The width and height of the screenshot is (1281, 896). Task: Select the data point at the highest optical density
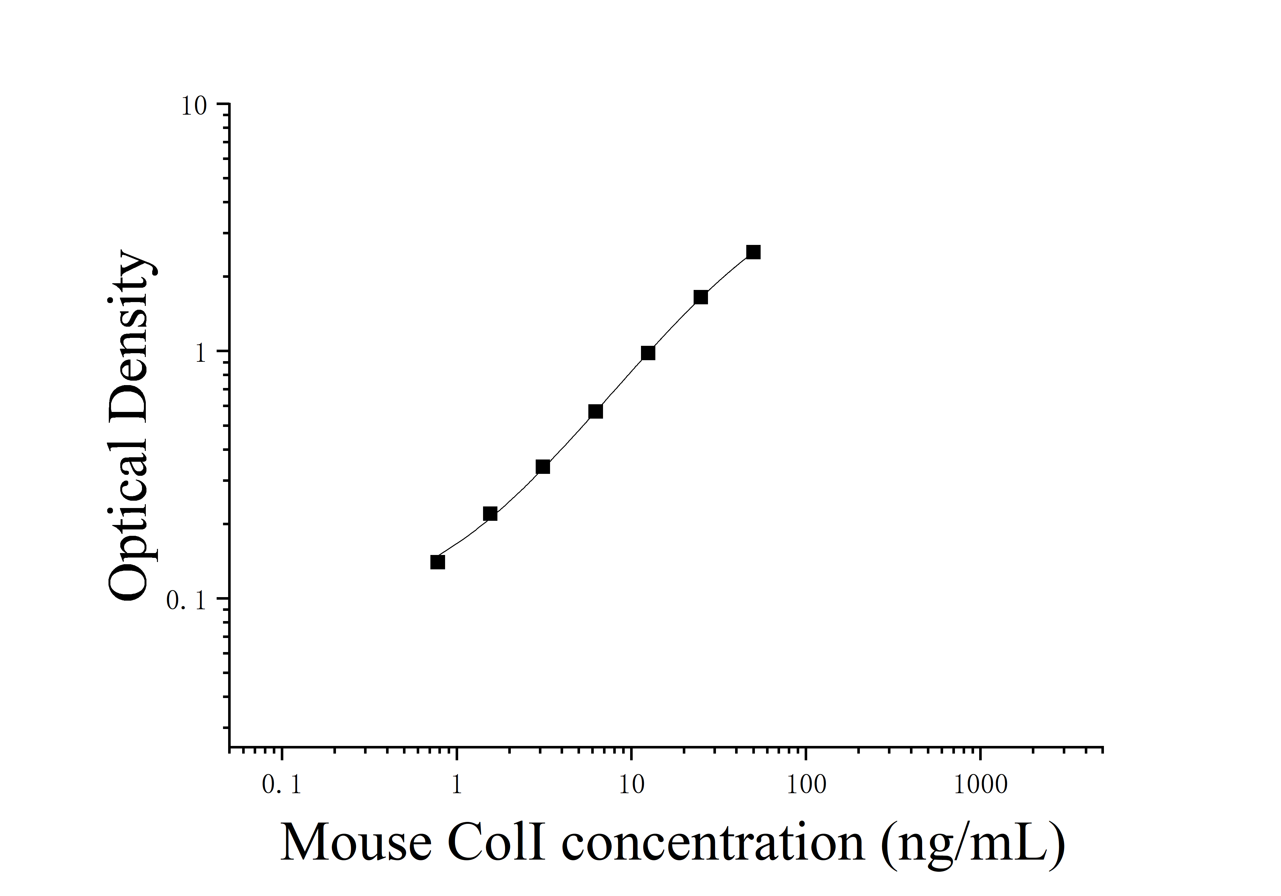pos(753,252)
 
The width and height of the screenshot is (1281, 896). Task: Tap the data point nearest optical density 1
pos(648,353)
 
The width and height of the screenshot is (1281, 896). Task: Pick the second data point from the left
pos(490,513)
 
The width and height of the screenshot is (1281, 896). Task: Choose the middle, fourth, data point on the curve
pos(595,411)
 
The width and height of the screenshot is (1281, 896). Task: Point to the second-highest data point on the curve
pos(701,297)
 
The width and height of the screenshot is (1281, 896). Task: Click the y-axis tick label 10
pos(194,106)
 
